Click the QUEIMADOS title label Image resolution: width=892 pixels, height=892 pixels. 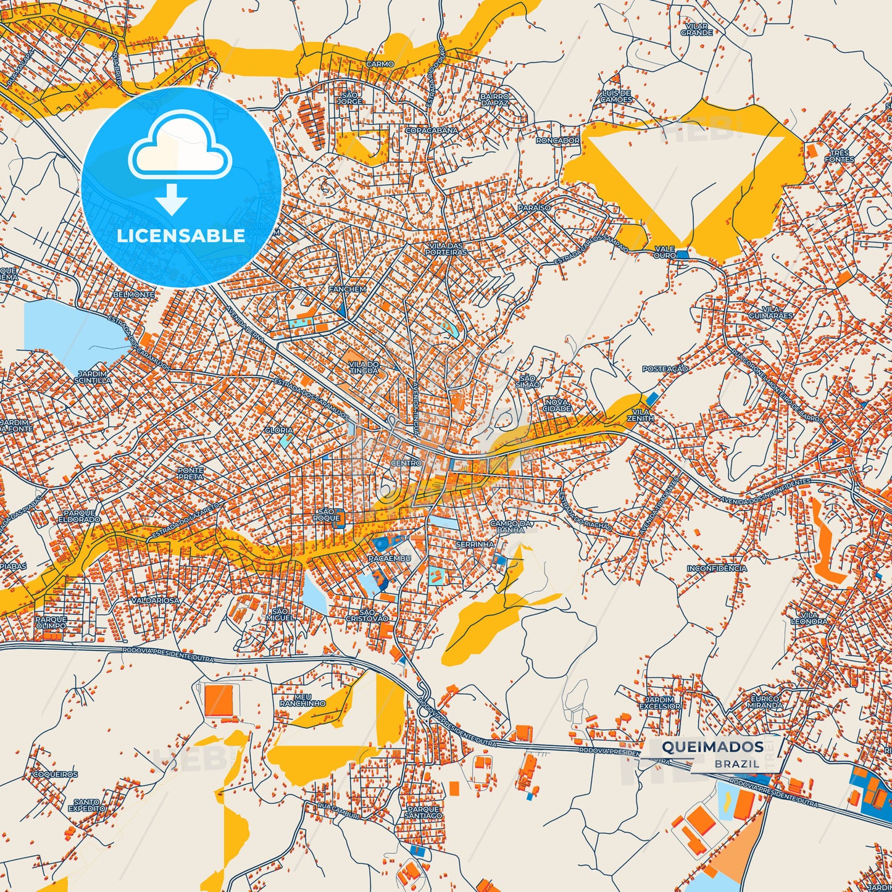712,746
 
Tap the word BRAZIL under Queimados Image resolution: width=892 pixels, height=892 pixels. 737,764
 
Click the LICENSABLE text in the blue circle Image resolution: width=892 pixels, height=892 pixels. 181,235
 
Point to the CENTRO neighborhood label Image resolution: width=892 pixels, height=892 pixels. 406,462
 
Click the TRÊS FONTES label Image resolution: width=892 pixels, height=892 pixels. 840,156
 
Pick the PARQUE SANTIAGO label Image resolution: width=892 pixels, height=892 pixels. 423,812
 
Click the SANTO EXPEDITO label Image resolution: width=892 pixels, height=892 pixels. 86,805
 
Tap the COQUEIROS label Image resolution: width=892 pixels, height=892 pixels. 55,774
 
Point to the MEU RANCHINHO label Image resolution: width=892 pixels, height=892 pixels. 302,700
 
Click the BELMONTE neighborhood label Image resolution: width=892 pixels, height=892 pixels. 134,294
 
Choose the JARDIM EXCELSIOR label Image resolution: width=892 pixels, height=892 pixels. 660,702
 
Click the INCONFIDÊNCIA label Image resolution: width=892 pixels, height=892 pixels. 717,568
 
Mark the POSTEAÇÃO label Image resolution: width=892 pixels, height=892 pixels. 665,369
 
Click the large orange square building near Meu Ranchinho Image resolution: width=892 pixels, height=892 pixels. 220,700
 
